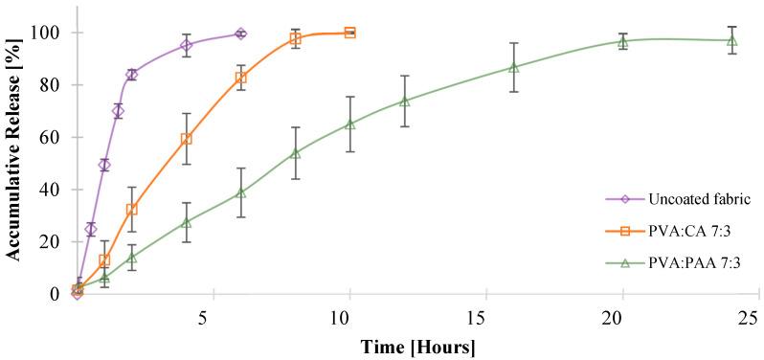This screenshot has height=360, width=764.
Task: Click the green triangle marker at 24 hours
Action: pos(731,40)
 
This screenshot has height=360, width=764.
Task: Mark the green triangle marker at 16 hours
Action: pos(514,67)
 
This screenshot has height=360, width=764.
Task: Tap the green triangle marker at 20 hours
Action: pos(622,41)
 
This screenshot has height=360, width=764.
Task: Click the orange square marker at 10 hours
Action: pos(349,33)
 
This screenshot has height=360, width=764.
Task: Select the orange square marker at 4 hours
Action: pos(187,139)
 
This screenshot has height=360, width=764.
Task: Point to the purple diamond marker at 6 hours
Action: pos(240,34)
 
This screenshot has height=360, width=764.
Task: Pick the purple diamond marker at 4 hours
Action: pos(187,45)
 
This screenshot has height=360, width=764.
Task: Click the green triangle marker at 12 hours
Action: pos(405,101)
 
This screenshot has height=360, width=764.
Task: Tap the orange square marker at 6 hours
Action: pos(240,78)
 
